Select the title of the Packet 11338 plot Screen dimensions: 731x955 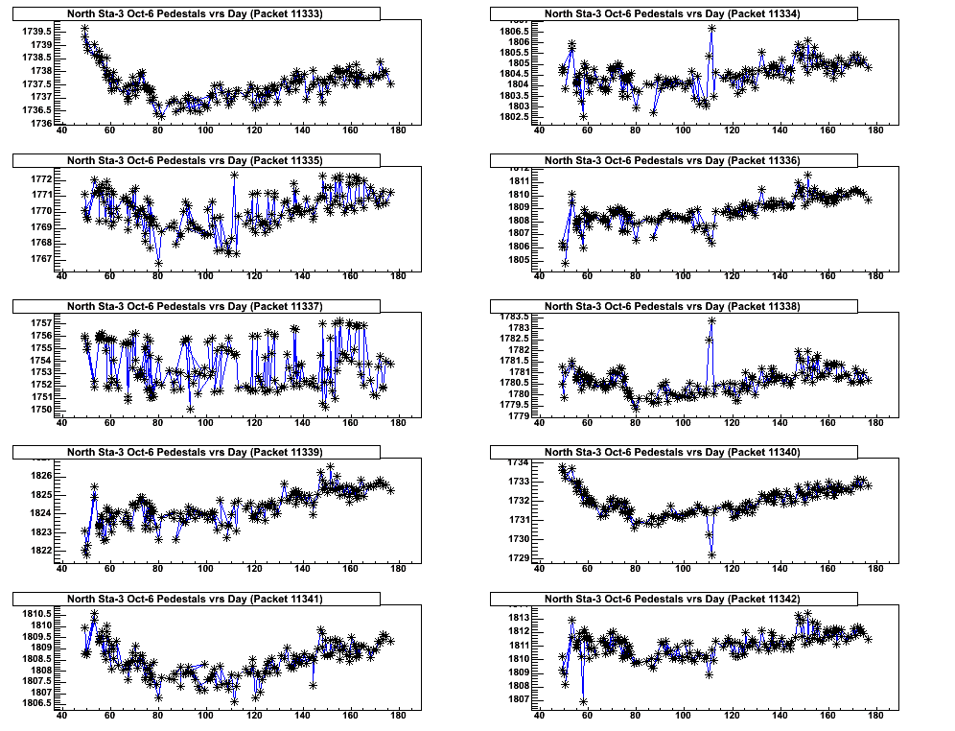(673, 306)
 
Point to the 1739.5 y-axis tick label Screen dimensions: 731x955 (36, 31)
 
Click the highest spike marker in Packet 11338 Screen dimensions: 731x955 (711, 321)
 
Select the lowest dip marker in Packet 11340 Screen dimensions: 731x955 (711, 554)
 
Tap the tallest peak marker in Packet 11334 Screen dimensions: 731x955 (711, 29)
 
